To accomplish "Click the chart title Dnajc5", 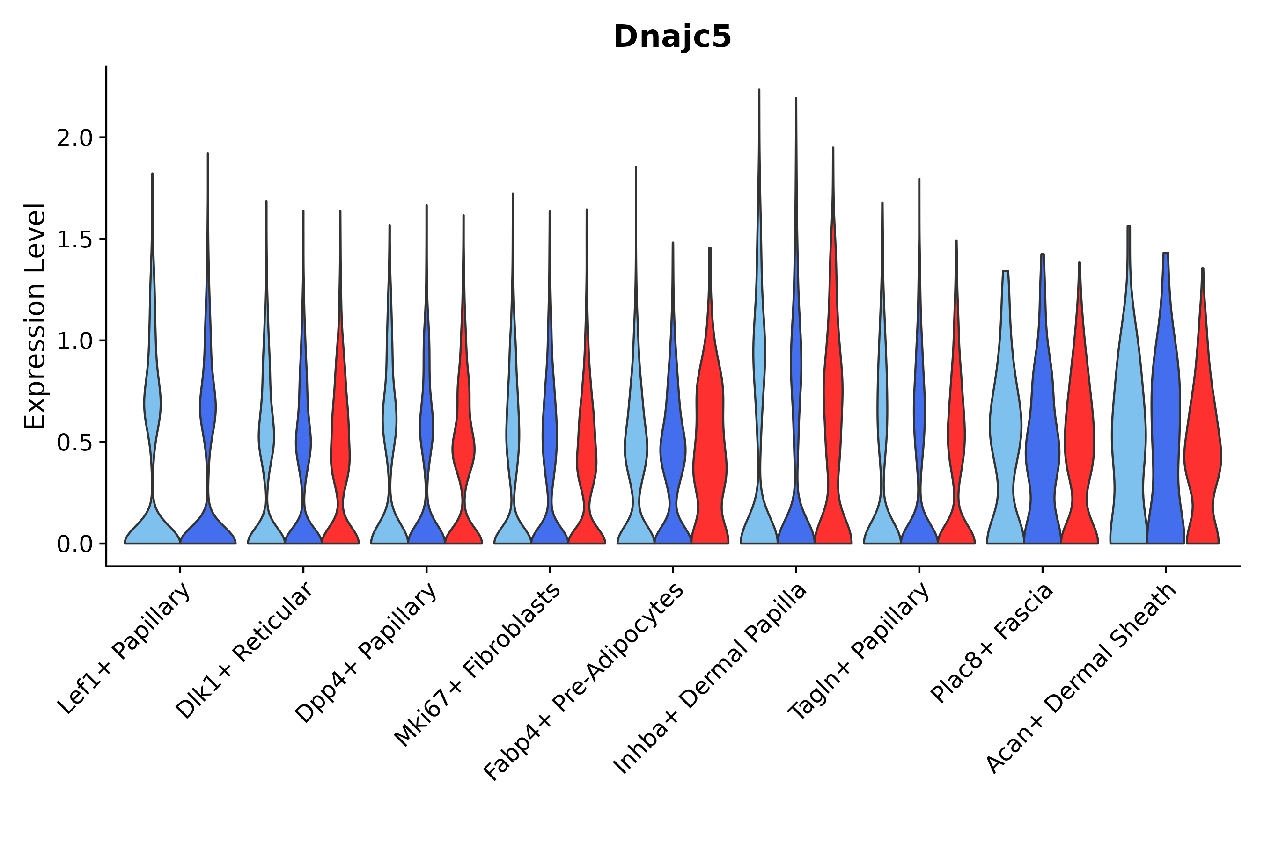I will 672,37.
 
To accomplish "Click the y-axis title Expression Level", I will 35,316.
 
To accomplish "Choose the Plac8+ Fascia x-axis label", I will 992,642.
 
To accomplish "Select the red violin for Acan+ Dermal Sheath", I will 1202,457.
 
